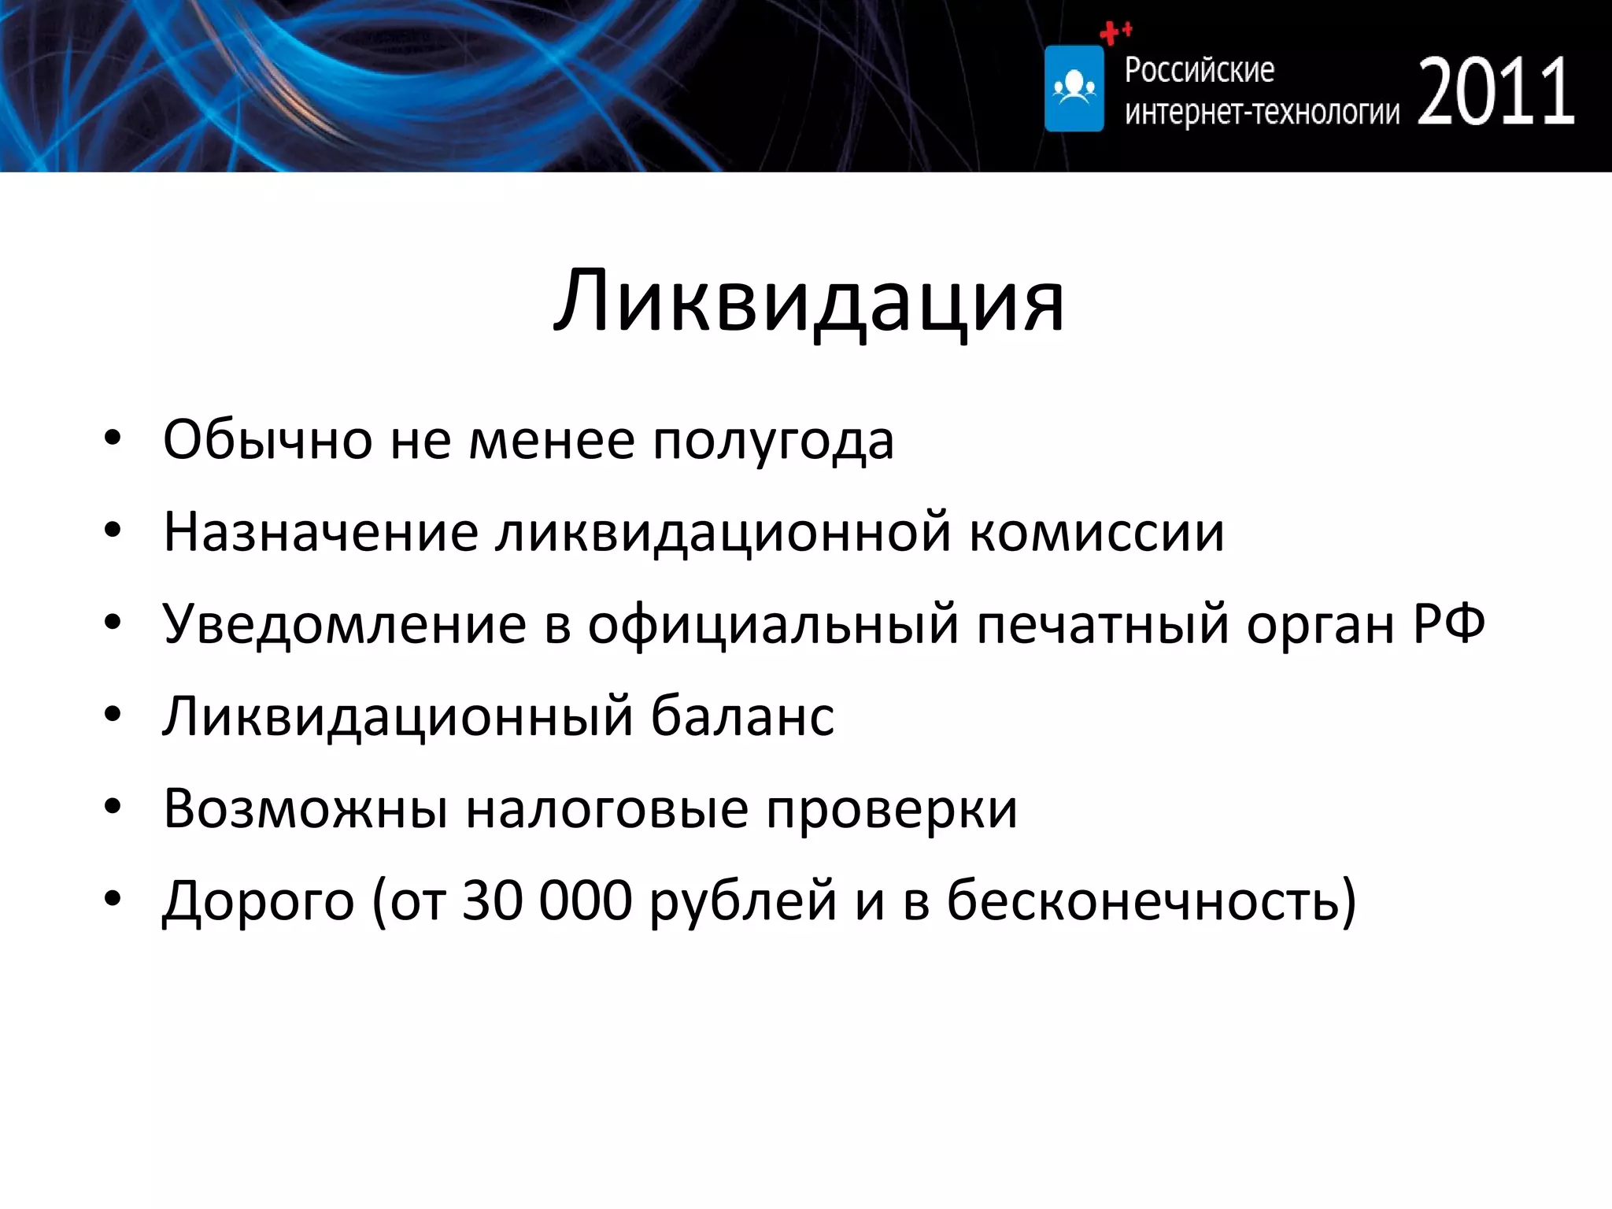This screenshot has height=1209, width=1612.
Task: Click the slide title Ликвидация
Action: point(808,302)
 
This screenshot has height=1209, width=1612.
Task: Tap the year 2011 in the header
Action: point(1496,93)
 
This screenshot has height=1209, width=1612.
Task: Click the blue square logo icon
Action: point(1074,88)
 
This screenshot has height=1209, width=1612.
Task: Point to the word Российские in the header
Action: point(1199,70)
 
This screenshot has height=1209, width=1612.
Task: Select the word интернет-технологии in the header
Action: point(1262,113)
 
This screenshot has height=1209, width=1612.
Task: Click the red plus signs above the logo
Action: point(1115,32)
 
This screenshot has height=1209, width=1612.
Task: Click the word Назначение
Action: point(320,533)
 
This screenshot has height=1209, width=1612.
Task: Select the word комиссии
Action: point(1096,533)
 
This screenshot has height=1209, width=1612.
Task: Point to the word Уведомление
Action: point(344,625)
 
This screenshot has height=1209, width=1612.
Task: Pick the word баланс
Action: point(742,716)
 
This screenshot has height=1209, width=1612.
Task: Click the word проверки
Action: point(892,810)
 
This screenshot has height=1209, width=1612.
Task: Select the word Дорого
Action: point(258,901)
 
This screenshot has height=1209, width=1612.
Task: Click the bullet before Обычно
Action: point(113,438)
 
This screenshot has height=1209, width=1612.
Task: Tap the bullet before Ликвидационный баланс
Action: point(113,715)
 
